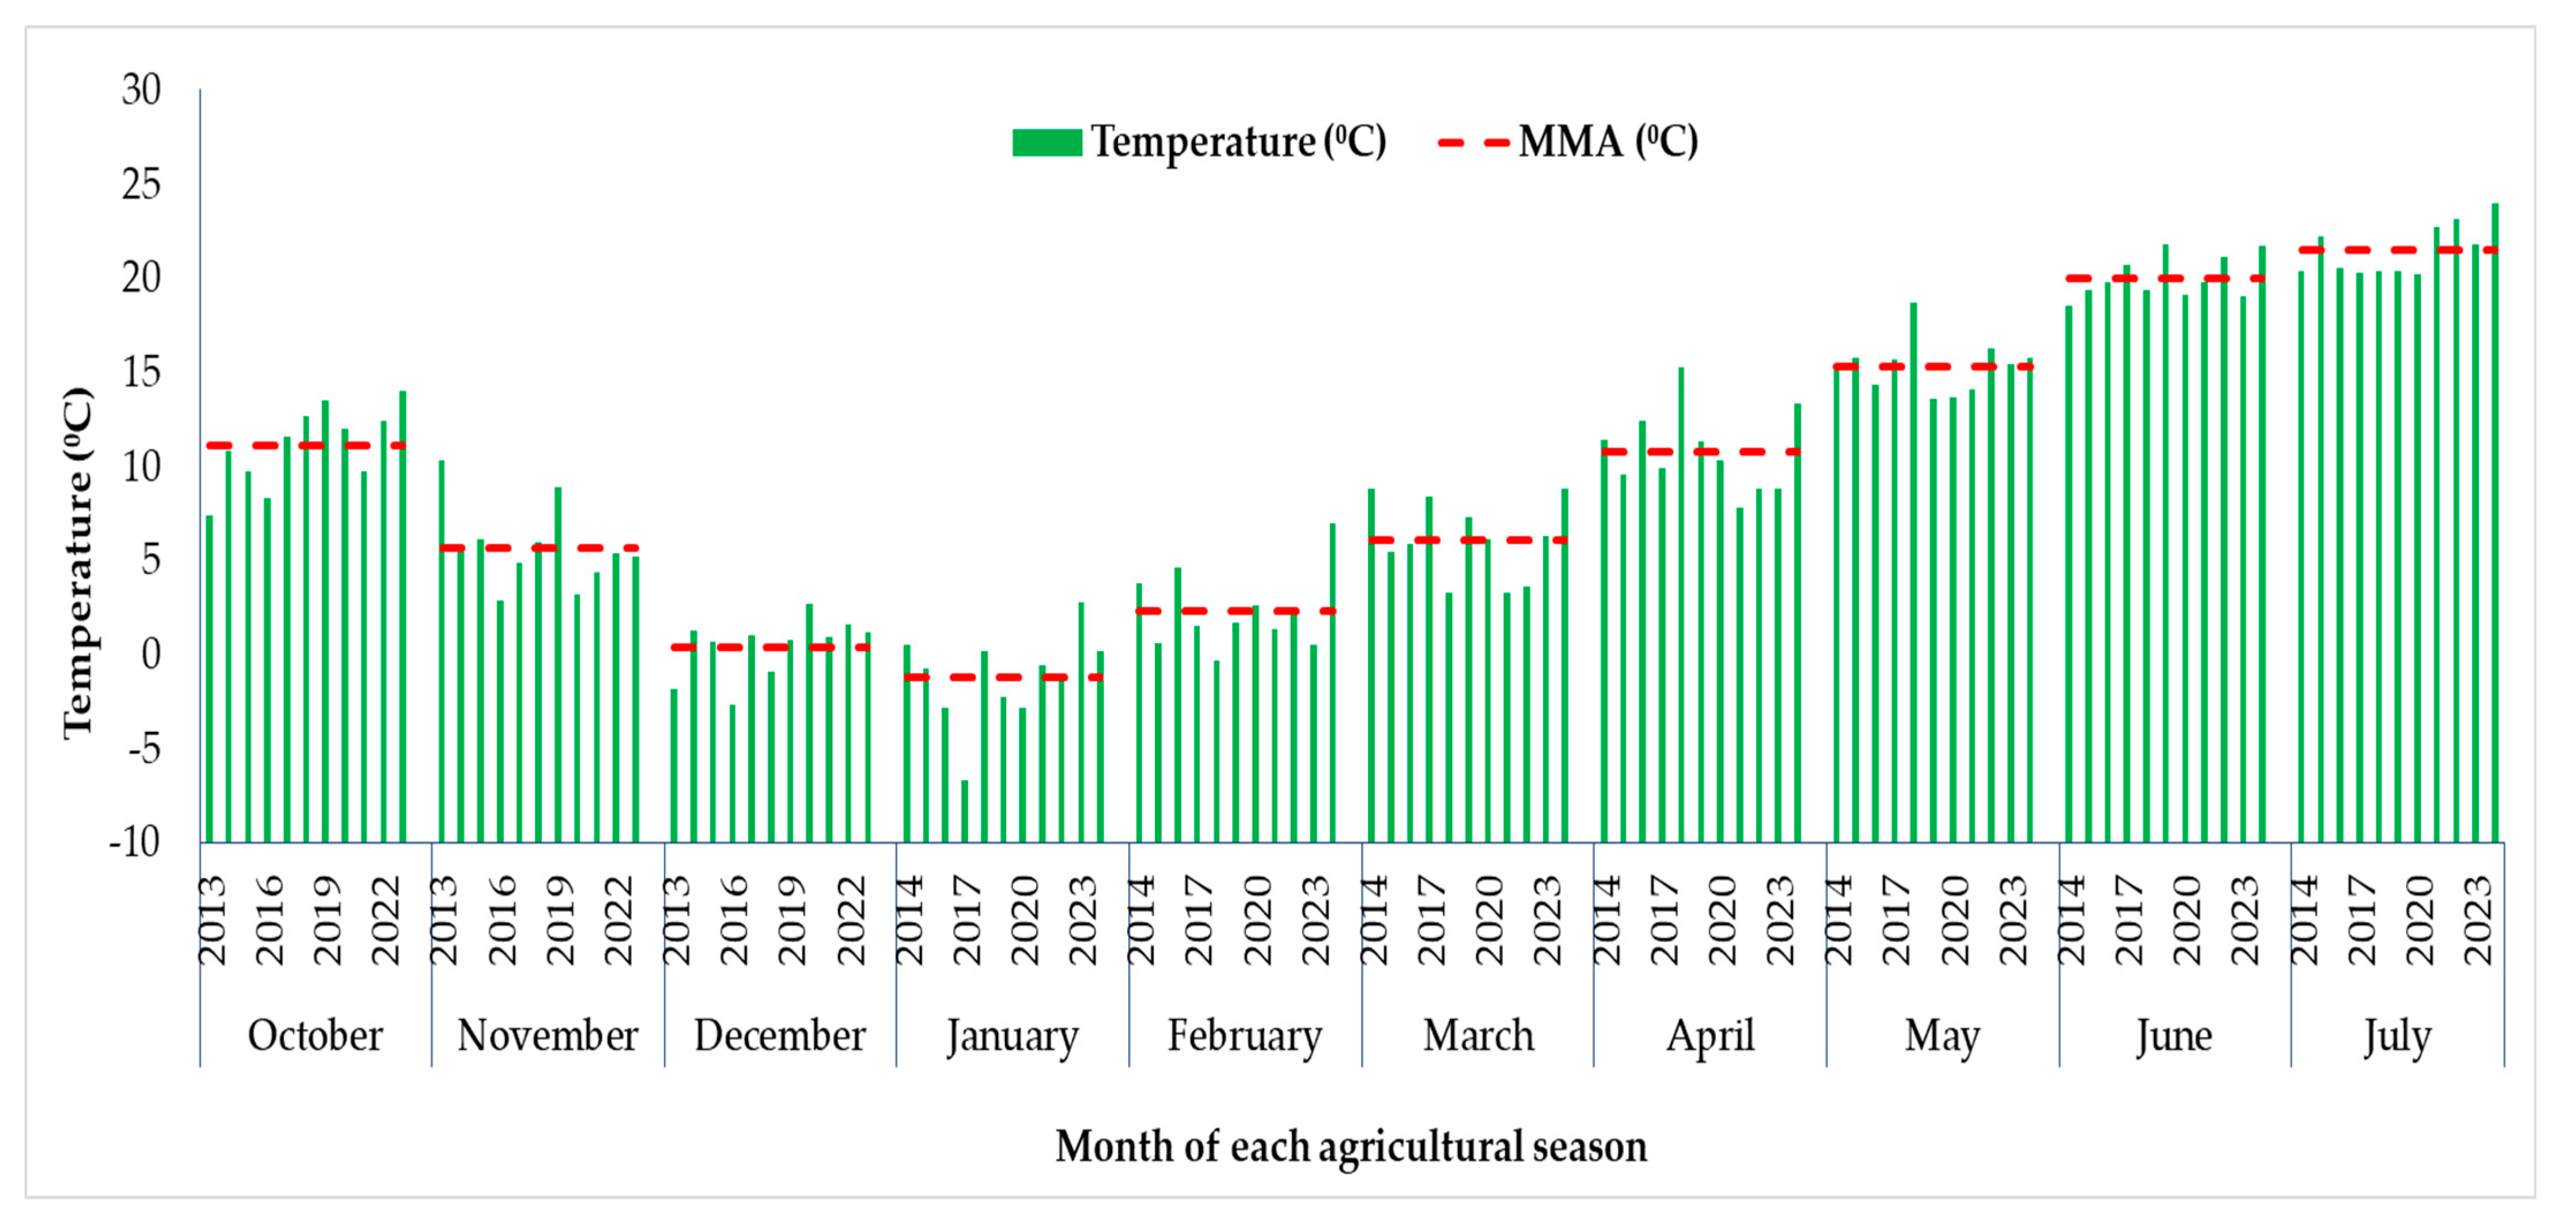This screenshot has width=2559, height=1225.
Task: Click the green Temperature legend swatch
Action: tap(1046, 142)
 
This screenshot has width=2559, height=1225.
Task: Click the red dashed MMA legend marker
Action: tap(1473, 142)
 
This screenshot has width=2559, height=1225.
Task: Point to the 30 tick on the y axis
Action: tap(141, 90)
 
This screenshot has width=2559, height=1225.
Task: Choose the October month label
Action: tap(315, 1036)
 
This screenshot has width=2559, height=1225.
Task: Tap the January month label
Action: tap(1013, 1036)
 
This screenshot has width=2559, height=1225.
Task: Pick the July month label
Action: tap(2397, 1036)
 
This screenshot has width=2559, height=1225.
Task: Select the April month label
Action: tap(1709, 1036)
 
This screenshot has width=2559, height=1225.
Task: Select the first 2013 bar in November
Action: tap(441, 651)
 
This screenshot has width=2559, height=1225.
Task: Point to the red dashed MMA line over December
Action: tap(770, 646)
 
